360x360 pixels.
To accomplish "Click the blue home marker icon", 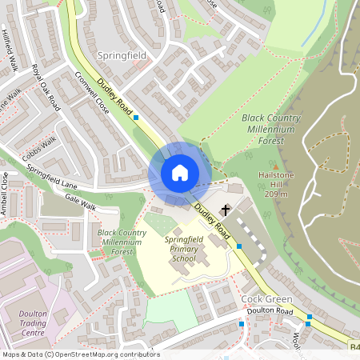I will [180, 173].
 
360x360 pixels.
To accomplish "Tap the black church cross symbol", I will [226, 210].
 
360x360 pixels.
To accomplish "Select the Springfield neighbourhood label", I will [121, 56].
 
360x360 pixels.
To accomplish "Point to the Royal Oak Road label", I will [46, 86].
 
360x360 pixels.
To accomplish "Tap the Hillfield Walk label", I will [11, 53].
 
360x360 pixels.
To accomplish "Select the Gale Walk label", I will [80, 198].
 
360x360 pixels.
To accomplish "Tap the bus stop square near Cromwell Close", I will [136, 118].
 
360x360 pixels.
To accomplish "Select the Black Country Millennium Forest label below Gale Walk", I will [122, 242].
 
